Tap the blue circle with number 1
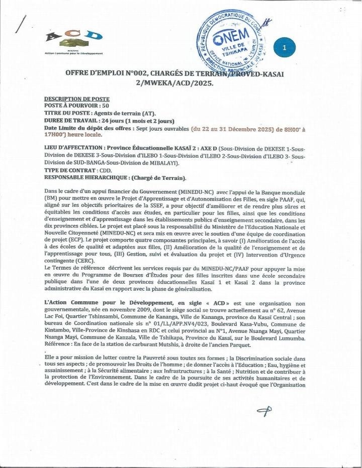[x=284, y=48]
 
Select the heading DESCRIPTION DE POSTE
[x=77, y=99]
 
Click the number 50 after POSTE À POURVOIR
[x=105, y=106]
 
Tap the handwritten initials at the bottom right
[x=264, y=411]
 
